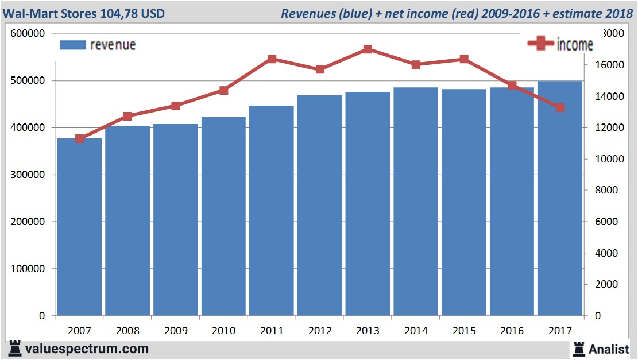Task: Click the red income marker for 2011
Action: (x=272, y=59)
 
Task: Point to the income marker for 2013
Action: (x=368, y=49)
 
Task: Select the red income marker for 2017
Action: (x=560, y=107)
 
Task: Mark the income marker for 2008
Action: (x=127, y=117)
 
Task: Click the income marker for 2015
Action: (x=464, y=59)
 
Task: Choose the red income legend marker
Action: (x=540, y=44)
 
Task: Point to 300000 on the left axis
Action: (x=27, y=175)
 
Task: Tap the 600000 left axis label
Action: (x=27, y=34)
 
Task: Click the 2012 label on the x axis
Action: (x=319, y=331)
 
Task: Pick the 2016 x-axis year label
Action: (x=512, y=331)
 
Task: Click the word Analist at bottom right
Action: (x=608, y=349)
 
